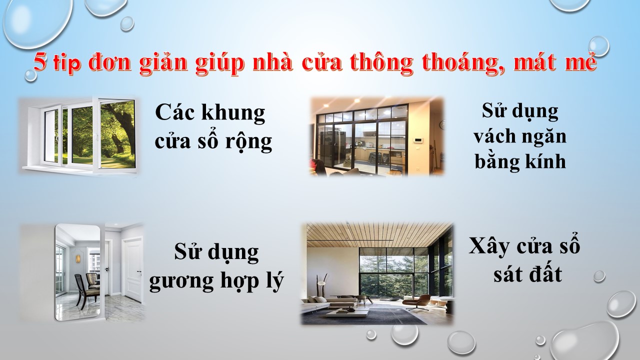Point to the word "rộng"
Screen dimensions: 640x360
248,142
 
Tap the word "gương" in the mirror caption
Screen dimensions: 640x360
181,281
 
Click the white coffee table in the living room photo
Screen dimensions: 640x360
347,312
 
